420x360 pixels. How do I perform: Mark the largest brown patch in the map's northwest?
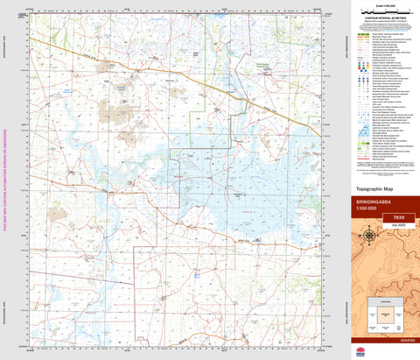(111, 109)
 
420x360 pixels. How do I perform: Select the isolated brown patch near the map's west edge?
(57, 212)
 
